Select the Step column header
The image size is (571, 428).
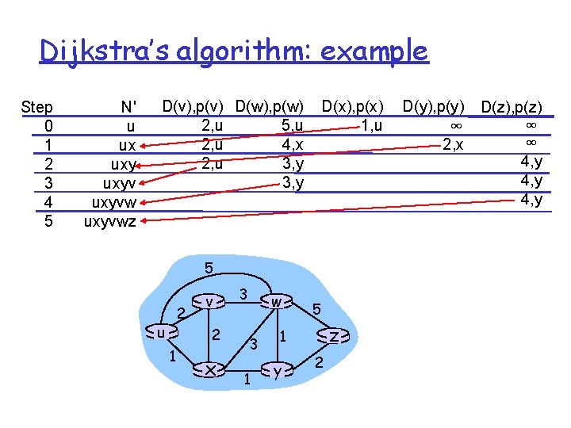point(37,107)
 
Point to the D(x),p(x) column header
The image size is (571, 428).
point(353,105)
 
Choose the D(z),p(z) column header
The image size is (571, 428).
point(512,107)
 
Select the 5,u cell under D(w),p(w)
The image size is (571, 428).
point(293,125)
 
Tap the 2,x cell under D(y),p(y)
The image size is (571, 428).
point(453,144)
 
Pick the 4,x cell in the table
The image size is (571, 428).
point(293,145)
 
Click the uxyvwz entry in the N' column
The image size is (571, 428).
point(110,221)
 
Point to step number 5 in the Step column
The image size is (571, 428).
point(49,221)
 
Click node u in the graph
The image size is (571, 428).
point(162,333)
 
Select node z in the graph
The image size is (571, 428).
point(335,337)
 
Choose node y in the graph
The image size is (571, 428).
point(276,369)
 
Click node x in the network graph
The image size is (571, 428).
point(209,369)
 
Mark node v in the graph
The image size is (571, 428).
point(209,302)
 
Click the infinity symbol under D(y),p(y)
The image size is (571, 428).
point(456,125)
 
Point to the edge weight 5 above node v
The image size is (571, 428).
point(209,268)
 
